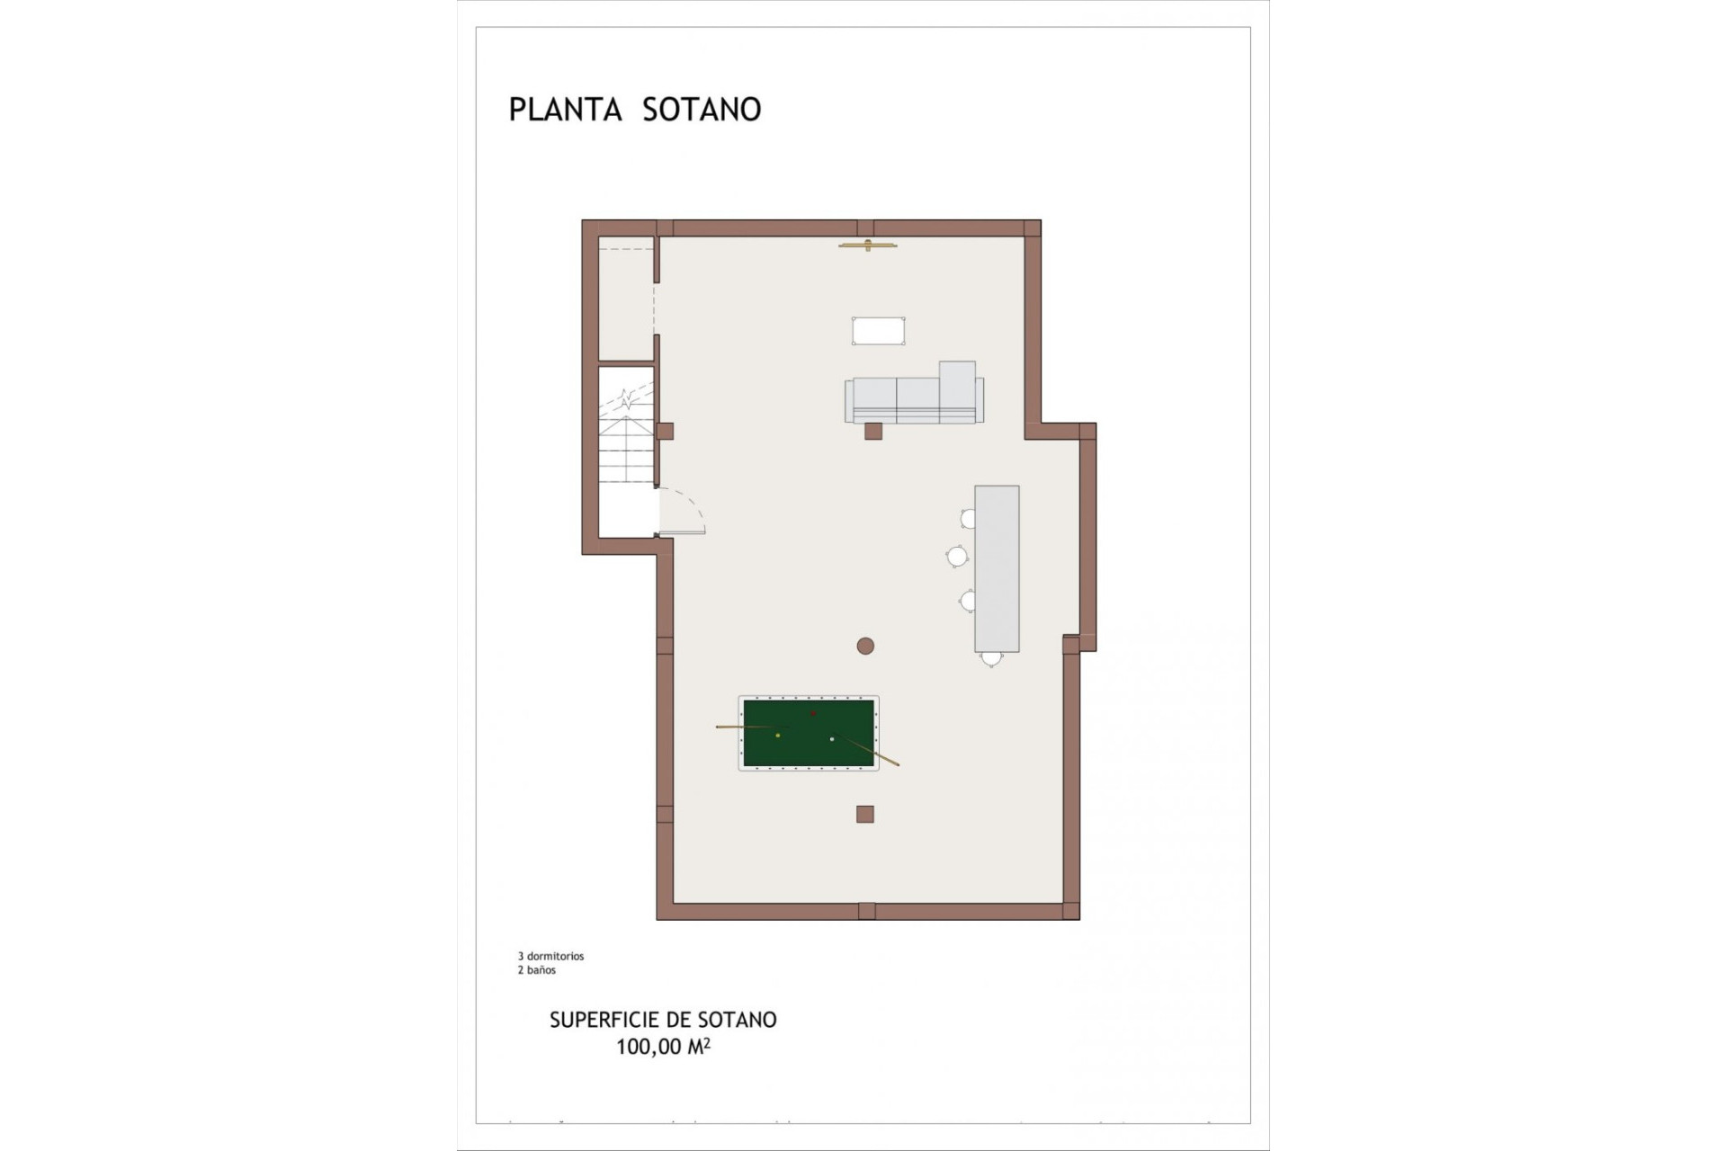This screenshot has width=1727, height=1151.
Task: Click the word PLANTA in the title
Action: click(565, 110)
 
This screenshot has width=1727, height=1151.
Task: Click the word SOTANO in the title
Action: click(702, 110)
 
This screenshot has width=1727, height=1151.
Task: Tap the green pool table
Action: click(809, 734)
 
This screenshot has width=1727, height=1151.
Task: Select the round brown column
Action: click(865, 646)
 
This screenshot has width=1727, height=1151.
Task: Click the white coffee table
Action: click(878, 331)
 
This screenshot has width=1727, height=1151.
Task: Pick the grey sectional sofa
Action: click(914, 399)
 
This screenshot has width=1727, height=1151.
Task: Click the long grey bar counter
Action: click(997, 568)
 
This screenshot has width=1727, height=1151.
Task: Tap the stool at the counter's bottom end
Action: click(991, 659)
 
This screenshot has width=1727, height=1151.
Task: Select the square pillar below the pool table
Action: click(864, 815)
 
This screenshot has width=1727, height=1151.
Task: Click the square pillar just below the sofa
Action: click(872, 432)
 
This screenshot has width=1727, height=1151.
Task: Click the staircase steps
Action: click(626, 450)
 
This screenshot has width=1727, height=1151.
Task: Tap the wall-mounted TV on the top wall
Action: click(868, 245)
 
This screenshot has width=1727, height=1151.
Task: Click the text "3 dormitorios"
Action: click(550, 956)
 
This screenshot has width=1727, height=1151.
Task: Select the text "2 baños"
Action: click(536, 970)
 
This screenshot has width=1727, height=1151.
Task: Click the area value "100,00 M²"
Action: click(663, 1047)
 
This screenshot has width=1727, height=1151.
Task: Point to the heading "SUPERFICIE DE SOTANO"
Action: click(663, 1020)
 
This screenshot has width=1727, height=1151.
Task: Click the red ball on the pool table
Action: click(813, 714)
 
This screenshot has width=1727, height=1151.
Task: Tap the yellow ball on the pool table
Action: click(778, 736)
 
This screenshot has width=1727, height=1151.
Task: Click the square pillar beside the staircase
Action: click(665, 432)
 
